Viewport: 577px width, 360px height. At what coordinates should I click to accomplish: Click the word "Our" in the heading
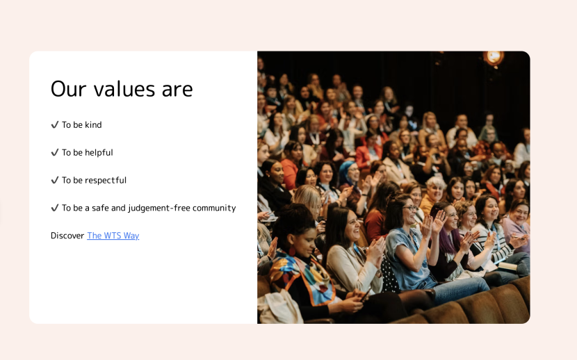click(x=68, y=89)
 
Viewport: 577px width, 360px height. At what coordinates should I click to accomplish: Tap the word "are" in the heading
click(x=177, y=90)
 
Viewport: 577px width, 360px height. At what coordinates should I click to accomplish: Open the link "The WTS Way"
click(x=113, y=236)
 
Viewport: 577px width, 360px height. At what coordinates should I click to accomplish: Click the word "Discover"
click(x=67, y=236)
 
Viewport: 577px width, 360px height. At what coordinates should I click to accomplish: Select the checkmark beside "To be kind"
click(x=55, y=125)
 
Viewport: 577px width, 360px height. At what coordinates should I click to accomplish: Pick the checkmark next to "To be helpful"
click(x=55, y=153)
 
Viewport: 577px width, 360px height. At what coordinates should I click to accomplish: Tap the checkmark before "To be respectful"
click(x=55, y=180)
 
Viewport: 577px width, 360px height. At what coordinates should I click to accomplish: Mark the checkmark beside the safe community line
click(x=55, y=208)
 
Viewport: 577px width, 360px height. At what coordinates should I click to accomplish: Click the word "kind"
click(x=93, y=125)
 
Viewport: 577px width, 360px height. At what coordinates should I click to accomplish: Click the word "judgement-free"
click(x=159, y=208)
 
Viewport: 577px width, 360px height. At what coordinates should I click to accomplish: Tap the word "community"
click(x=214, y=208)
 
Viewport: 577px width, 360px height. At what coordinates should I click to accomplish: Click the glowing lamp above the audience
click(x=494, y=58)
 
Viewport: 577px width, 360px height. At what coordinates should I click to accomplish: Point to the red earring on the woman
click(x=292, y=252)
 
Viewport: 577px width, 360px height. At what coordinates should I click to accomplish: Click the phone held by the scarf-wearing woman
click(x=366, y=294)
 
